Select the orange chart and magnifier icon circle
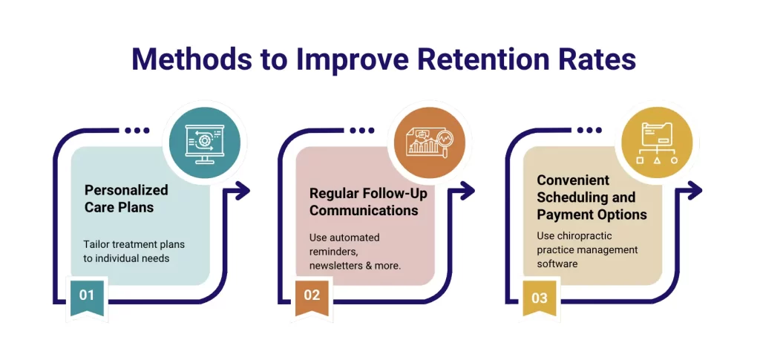click(428, 140)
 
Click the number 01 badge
click(87, 295)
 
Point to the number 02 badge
click(312, 295)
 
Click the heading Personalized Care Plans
click(126, 198)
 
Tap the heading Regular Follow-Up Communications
click(363, 202)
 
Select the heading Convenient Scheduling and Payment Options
click(592, 197)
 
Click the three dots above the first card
click(137, 131)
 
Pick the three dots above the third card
click(589, 131)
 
